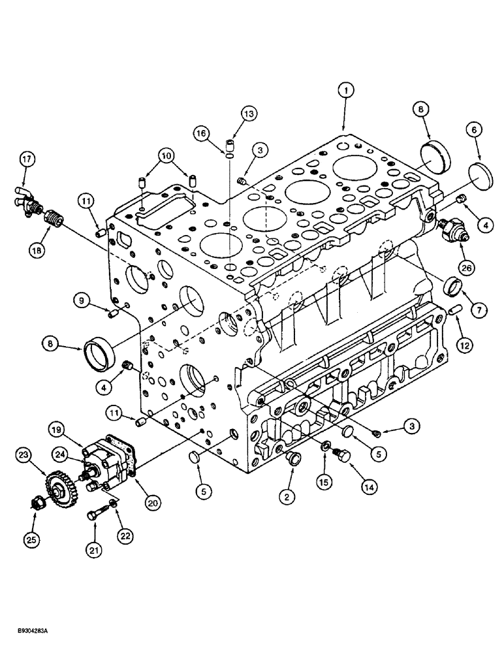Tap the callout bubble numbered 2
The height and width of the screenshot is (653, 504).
click(285, 496)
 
